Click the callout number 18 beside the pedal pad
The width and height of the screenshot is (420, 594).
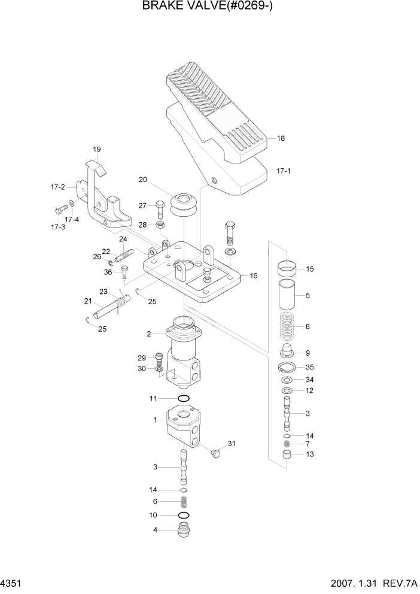pos(281,138)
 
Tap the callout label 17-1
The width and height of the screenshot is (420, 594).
pos(284,171)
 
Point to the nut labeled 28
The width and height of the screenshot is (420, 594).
pos(160,225)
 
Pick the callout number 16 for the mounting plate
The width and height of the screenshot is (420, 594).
pos(254,276)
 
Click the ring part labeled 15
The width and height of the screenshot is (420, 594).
pos(288,268)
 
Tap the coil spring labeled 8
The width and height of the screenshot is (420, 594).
pos(288,328)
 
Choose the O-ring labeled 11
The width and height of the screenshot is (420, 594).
pos(184,398)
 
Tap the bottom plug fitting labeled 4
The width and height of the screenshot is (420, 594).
pos(184,529)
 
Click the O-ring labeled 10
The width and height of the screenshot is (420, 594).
pos(184,515)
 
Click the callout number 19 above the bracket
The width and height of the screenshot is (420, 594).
pos(96,149)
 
